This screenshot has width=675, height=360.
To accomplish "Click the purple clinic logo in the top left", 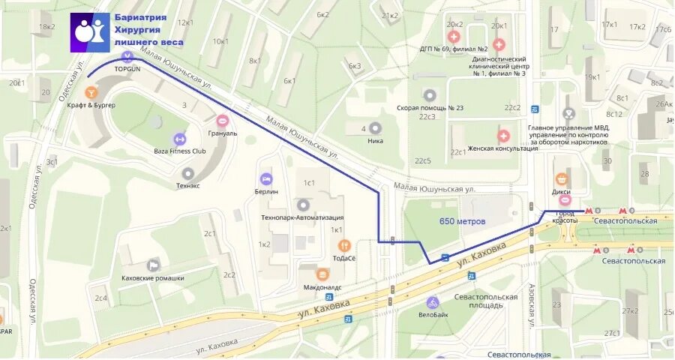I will click(90, 32).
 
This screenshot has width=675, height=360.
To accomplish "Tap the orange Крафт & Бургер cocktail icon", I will click(91, 92).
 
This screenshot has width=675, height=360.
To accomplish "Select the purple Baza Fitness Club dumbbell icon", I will click(179, 139).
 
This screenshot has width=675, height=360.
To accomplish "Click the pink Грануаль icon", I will click(222, 121).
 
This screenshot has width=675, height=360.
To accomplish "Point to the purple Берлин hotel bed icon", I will click(265, 179).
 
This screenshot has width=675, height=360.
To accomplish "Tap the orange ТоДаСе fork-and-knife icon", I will click(344, 244).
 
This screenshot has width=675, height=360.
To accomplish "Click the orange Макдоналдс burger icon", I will click(322, 274).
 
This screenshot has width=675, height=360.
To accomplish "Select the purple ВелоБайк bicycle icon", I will click(432, 302).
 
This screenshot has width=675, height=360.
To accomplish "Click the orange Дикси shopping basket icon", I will click(562, 179).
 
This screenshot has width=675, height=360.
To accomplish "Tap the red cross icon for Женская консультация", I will click(503, 136).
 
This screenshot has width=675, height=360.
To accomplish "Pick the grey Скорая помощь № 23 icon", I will click(429, 95).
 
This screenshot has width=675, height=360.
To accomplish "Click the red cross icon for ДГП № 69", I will click(454, 37).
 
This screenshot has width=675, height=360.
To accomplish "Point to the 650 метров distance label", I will click(463, 221).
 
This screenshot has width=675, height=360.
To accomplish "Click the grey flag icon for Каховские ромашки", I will click(153, 265).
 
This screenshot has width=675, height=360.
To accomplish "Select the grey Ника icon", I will click(376, 128).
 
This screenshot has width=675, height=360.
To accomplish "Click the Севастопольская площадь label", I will click(486, 301).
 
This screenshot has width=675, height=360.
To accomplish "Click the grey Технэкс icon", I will click(187, 173).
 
